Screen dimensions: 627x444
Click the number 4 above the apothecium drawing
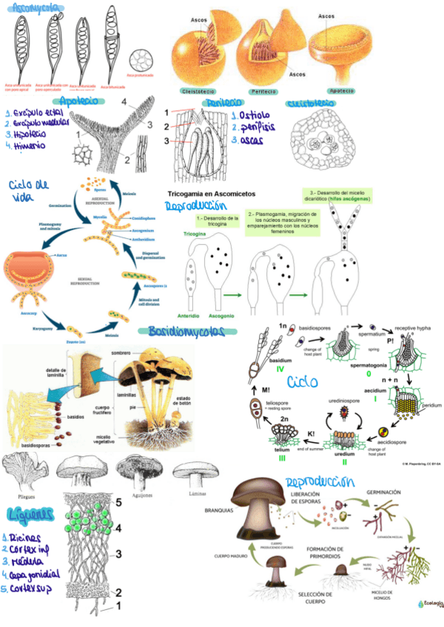(124, 102)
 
